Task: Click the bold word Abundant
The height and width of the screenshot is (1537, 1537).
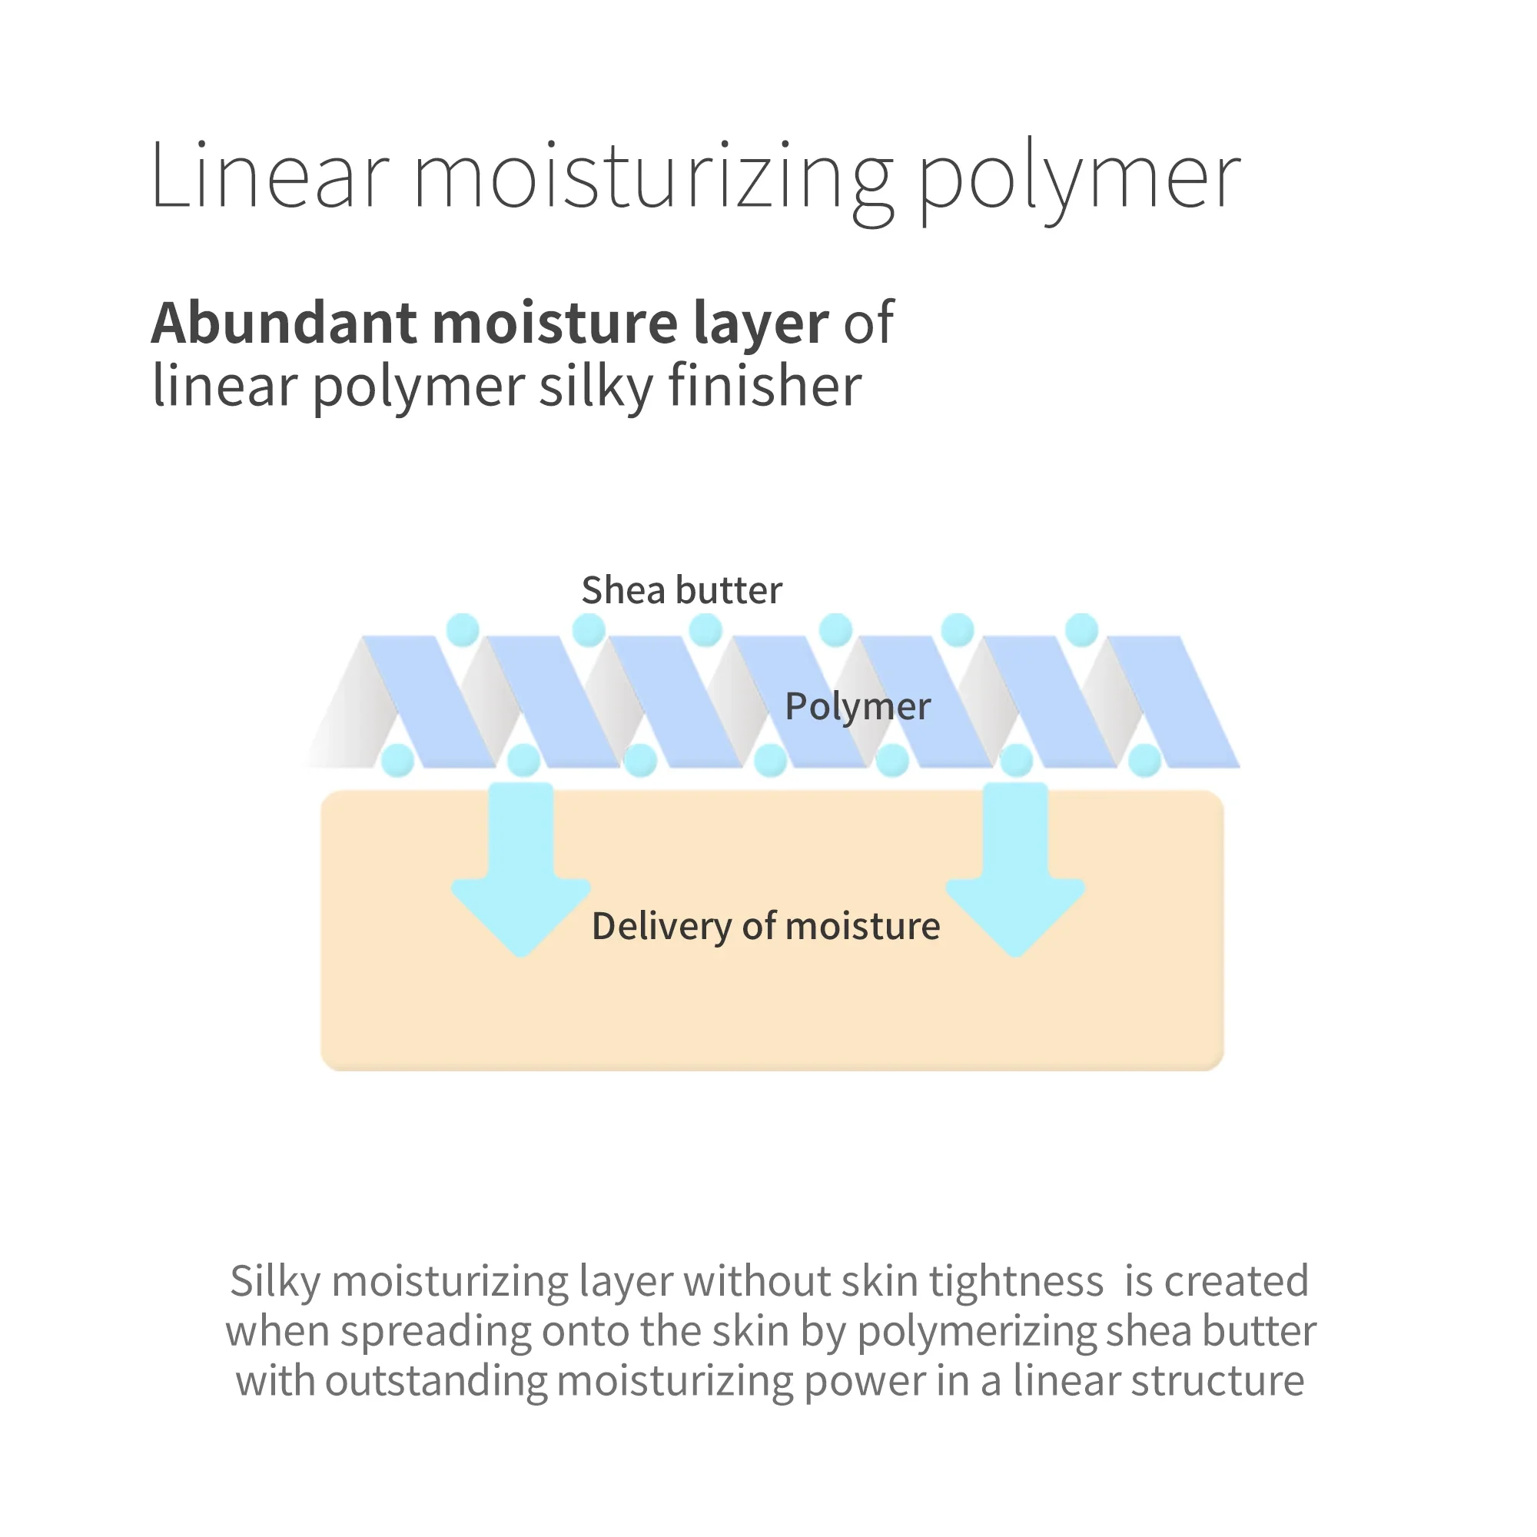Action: (284, 322)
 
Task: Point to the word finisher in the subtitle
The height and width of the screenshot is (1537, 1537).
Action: (765, 386)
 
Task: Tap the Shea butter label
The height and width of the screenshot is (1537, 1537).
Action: (682, 590)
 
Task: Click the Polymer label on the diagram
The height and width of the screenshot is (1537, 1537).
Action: (858, 707)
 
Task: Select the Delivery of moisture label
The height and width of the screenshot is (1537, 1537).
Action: (766, 927)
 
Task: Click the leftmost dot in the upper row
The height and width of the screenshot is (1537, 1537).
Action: (462, 630)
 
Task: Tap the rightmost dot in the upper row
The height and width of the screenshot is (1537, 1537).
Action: (1081, 630)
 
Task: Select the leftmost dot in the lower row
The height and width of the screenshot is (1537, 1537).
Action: (398, 761)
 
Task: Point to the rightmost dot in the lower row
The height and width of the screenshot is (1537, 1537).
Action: (1145, 761)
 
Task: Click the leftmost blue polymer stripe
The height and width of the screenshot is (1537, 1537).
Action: (429, 702)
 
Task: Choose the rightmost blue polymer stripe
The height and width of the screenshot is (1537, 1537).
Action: (1173, 702)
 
